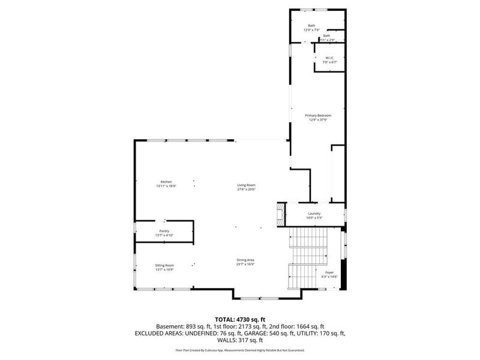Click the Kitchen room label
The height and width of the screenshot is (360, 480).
(x=166, y=182)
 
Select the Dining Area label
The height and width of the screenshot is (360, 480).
(x=245, y=260)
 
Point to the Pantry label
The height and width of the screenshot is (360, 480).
(x=164, y=231)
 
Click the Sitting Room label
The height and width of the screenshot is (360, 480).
(x=164, y=265)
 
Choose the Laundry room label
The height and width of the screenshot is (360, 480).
(x=314, y=213)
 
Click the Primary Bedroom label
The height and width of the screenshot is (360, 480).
(x=318, y=115)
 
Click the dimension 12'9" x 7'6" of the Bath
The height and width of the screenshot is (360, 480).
(x=311, y=29)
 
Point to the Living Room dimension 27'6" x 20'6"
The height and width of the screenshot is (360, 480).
(x=246, y=189)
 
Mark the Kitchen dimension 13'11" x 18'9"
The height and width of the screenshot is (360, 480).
(x=166, y=186)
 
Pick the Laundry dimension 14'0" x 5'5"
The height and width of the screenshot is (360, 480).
(x=314, y=217)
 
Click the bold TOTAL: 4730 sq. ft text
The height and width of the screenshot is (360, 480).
(x=240, y=319)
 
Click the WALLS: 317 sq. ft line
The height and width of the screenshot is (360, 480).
(x=240, y=340)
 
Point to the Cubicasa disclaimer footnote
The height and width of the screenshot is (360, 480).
(x=240, y=350)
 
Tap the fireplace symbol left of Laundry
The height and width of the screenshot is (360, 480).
(x=278, y=213)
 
